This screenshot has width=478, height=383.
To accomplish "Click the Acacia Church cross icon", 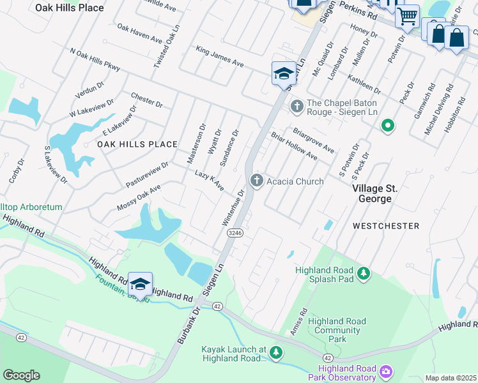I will (x=257, y=181).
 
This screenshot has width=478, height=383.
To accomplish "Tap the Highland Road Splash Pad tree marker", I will (x=364, y=274).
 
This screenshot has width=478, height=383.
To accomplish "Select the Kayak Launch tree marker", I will (x=276, y=352).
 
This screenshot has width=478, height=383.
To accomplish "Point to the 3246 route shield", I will (x=235, y=234).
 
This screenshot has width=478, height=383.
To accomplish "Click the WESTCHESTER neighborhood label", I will (x=386, y=226).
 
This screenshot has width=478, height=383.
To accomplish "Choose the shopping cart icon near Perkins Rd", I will (x=407, y=16).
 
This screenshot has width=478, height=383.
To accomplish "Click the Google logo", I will (x=20, y=375).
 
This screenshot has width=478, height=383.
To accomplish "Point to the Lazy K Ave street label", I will (x=209, y=181).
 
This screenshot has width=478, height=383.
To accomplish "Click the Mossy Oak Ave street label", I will (x=139, y=198).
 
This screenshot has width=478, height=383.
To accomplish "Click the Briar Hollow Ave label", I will (x=294, y=147).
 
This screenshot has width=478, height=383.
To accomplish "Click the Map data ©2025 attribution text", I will (x=451, y=378).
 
